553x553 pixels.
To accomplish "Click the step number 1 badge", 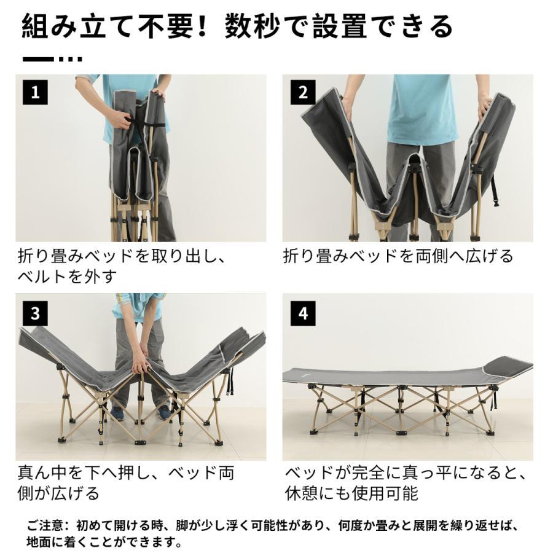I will point(35,93).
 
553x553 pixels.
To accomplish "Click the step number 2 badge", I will point(302,93).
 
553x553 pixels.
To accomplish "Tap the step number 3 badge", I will point(35,313).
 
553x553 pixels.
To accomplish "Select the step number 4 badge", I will point(302,313).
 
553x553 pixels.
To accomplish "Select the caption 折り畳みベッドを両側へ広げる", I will point(398,256).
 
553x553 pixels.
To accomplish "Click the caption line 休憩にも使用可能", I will point(351,493).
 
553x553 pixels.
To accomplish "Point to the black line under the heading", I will point(38,59).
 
